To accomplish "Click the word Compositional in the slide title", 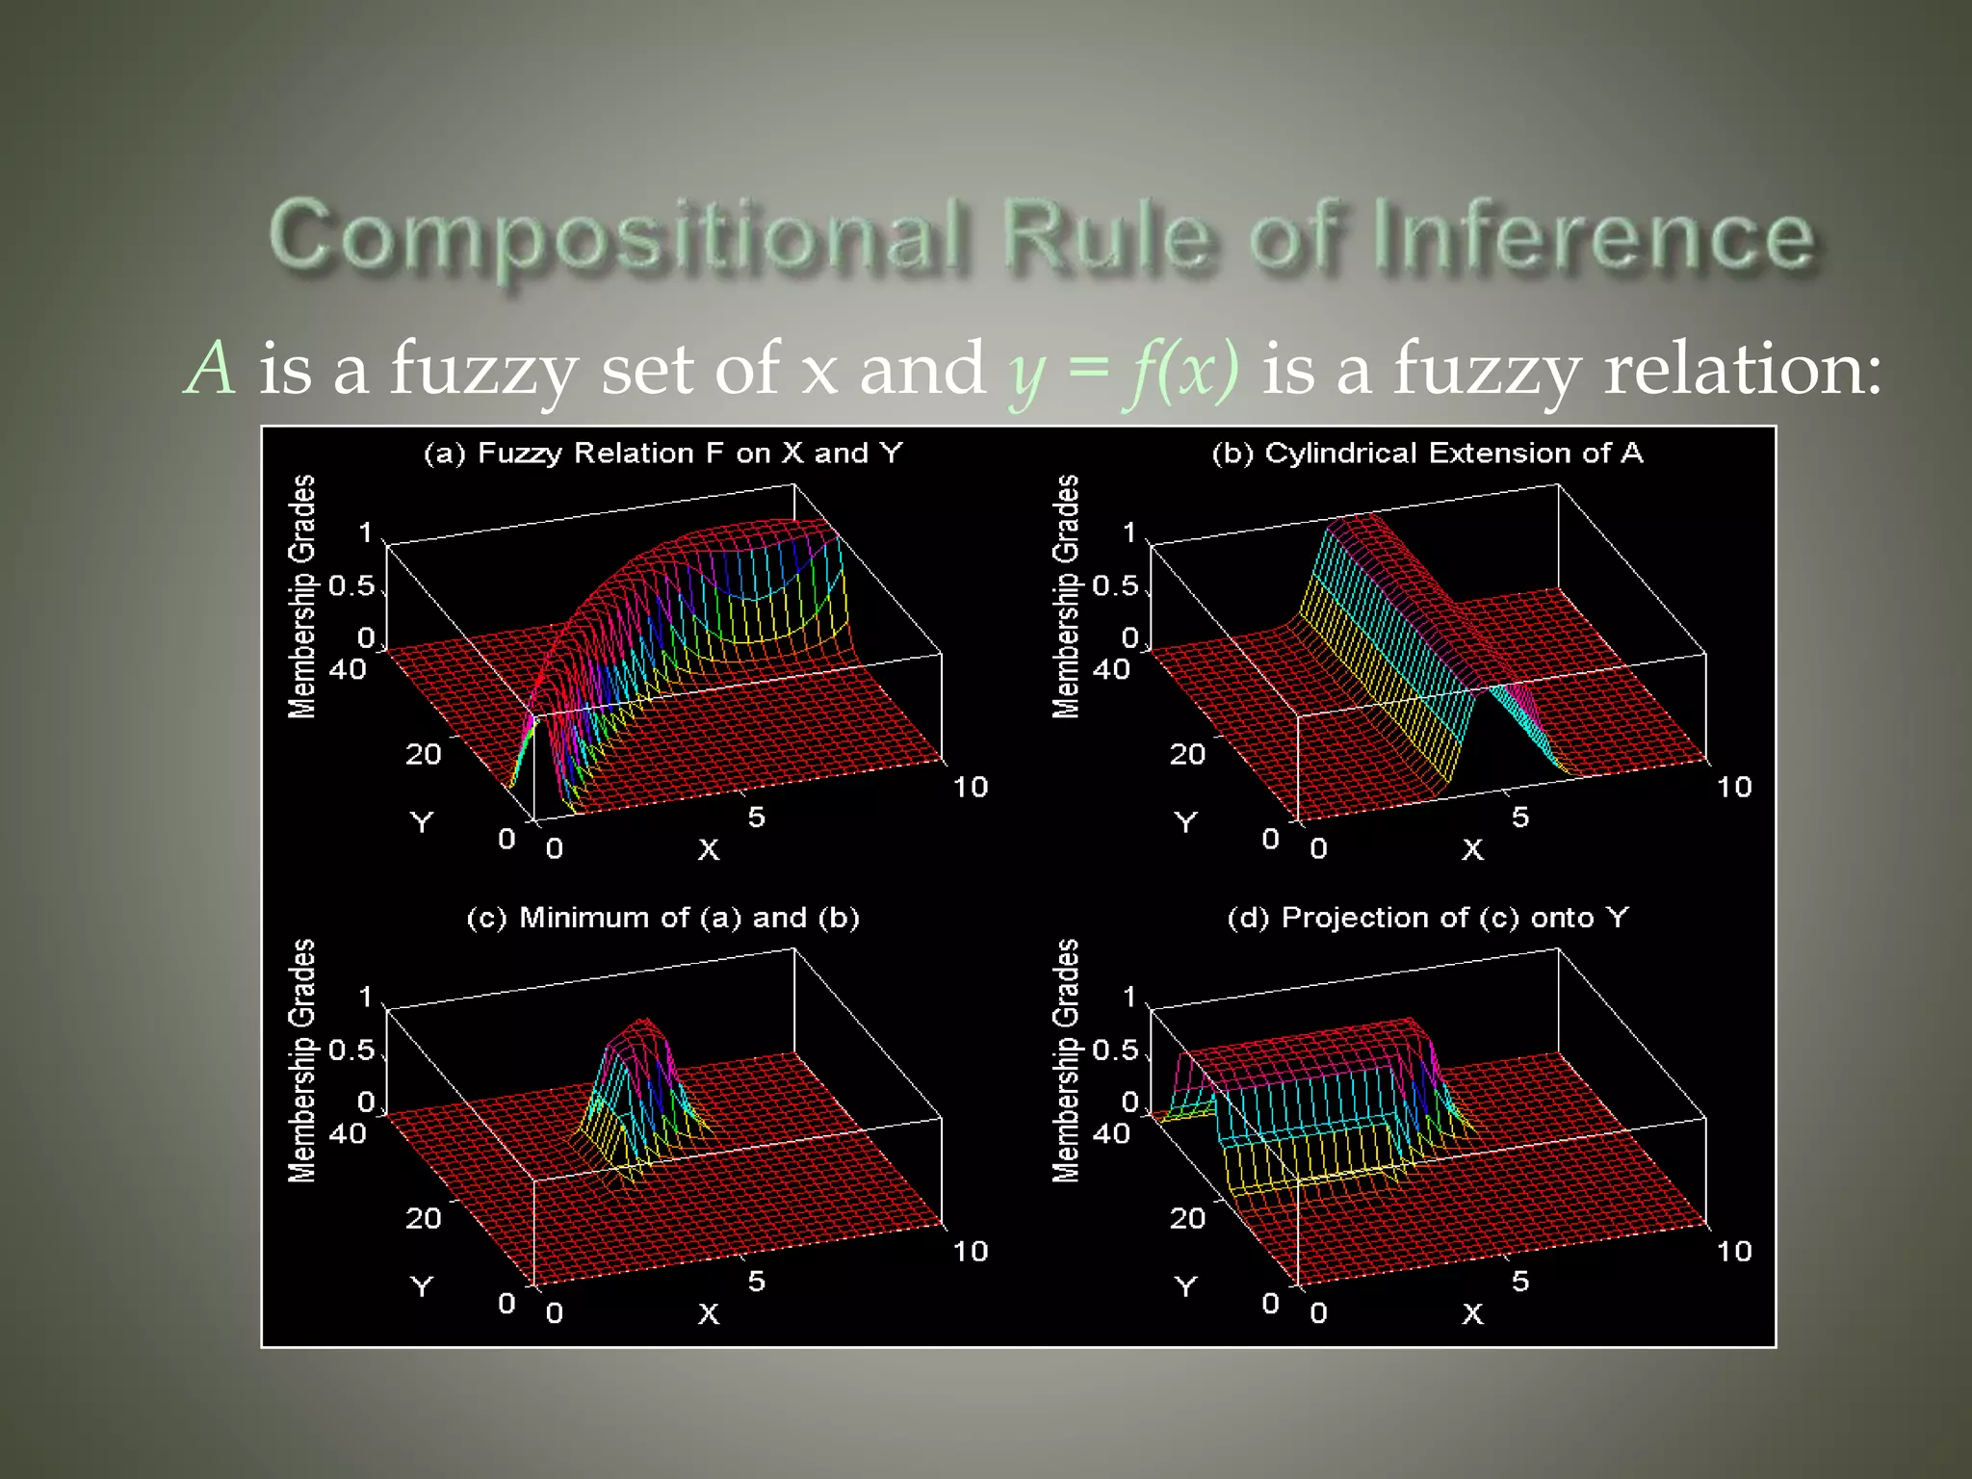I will [616, 236].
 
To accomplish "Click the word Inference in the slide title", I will [1594, 236].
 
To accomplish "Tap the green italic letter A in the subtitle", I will [210, 368].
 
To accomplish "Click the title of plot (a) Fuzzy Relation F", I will [662, 453].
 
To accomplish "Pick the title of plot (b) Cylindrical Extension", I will [1427, 453].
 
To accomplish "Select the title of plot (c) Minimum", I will [662, 917].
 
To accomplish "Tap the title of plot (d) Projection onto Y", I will [1427, 917].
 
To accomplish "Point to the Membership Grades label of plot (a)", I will [302, 597].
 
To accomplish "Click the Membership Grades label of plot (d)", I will [1066, 1061].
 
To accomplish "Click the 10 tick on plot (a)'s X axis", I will [970, 787].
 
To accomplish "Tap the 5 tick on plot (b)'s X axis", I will [1519, 817].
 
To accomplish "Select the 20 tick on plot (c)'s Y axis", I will [423, 1218].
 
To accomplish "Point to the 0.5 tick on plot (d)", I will [1115, 1050].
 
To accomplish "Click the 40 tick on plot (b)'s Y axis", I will [1111, 668].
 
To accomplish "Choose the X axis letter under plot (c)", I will [709, 1313].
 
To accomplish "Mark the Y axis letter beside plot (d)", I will [1185, 1286].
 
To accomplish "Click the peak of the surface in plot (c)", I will [642, 1022].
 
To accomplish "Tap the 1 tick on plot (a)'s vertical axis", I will [365, 532].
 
